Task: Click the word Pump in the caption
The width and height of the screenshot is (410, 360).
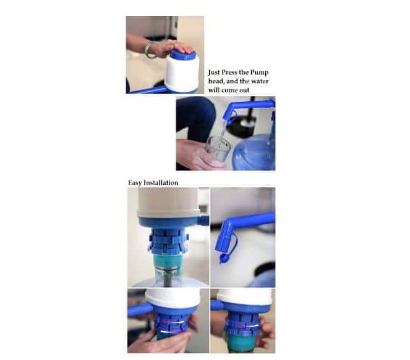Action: [259, 73]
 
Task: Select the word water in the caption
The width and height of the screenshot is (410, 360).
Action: [260, 82]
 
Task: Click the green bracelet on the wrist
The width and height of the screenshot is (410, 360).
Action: [149, 50]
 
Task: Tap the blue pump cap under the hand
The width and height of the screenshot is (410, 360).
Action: [183, 55]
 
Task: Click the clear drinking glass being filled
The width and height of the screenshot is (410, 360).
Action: [217, 149]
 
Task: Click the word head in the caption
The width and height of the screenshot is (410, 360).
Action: [216, 82]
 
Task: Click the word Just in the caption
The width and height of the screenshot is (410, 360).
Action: [214, 73]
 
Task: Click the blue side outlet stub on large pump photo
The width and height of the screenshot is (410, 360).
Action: [204, 219]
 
